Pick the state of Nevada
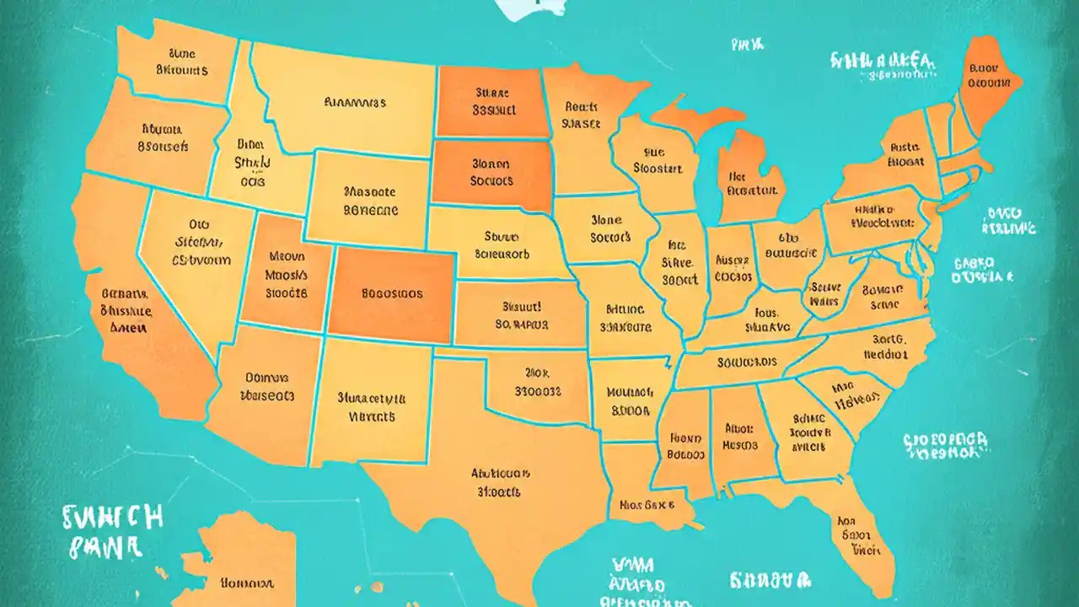[190, 253]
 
